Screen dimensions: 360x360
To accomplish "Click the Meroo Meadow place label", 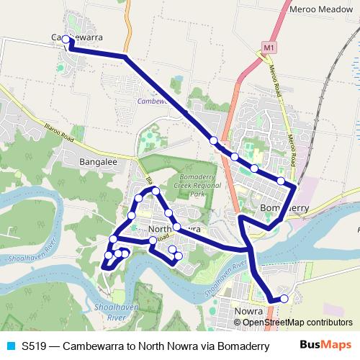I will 323,10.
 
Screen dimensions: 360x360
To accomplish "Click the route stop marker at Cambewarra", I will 66,40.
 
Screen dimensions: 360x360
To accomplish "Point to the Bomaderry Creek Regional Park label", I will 184,189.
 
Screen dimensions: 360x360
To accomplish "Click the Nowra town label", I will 248,311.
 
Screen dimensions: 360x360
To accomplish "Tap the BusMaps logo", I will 325,346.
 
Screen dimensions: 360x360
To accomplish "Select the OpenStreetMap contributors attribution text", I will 297,322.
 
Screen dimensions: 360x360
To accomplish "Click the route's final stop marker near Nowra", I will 284,298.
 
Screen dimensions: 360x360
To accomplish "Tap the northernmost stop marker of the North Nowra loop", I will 155,191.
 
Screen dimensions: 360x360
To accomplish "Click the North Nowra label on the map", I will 173,229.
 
